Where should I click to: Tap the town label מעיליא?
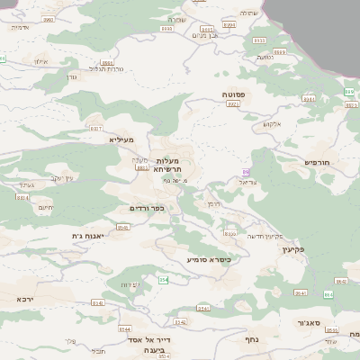(121, 139)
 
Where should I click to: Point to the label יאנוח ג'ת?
(89, 236)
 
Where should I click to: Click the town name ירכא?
(25, 298)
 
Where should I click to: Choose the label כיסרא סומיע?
(209, 259)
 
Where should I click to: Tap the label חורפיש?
(318, 162)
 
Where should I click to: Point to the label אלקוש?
(272, 124)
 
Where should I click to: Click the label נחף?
(253, 339)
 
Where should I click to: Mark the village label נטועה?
(265, 58)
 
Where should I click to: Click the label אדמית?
(20, 27)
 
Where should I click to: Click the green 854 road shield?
(163, 280)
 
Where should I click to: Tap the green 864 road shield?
(328, 294)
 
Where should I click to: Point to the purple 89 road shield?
(246, 171)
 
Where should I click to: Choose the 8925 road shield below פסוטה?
(233, 104)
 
